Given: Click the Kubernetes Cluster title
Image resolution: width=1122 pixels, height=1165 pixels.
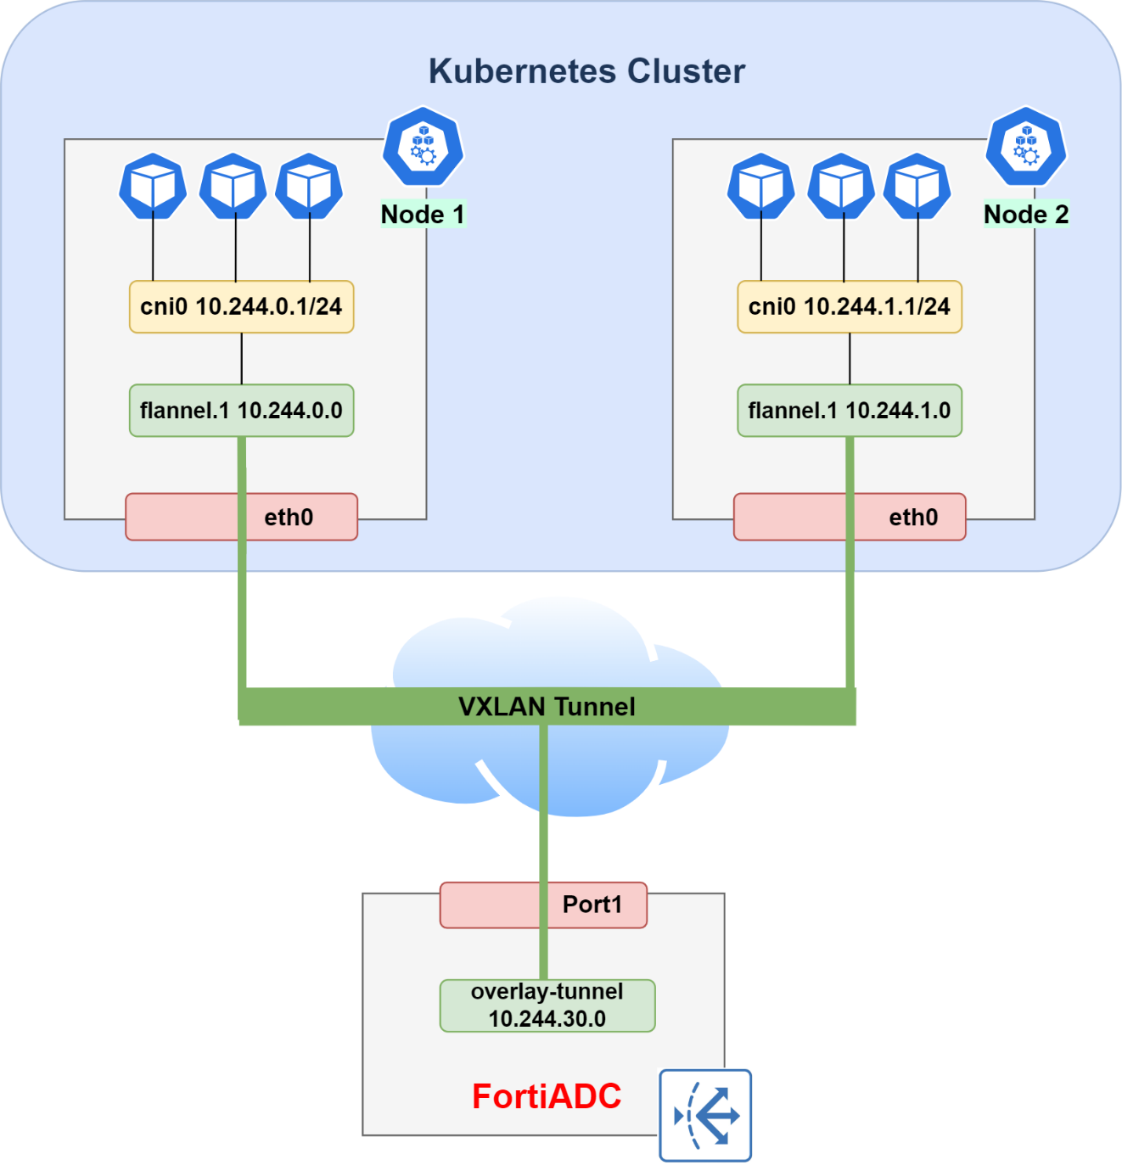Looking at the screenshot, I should coord(586,71).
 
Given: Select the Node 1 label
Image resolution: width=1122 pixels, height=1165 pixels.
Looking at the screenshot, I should coord(423,215).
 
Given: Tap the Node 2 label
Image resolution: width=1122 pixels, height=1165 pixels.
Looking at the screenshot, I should coord(1025,215).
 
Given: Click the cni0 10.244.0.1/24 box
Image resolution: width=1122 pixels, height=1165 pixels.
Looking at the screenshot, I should coord(241,306).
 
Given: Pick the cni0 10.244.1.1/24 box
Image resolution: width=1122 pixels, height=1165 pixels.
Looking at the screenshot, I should coord(849,306).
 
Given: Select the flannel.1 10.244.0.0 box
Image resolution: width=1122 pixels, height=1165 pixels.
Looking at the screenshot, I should coord(241,411).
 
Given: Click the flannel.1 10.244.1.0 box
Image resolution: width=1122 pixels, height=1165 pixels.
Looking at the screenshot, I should coord(849,411).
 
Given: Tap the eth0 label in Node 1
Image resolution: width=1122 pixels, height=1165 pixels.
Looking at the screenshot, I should coord(289,517).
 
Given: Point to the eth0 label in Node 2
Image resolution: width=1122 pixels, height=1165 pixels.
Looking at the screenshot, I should coord(913,517).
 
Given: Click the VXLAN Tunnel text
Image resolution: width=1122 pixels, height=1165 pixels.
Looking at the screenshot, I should coord(547,707).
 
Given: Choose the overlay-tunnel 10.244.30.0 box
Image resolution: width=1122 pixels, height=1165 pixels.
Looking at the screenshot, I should coord(547,1005).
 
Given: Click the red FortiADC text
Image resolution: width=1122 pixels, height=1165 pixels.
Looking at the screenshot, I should coord(547,1096).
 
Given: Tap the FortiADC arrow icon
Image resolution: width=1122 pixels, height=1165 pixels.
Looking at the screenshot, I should coord(705,1115).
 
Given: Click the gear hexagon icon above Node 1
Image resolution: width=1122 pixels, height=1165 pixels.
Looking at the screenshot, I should coord(423,147).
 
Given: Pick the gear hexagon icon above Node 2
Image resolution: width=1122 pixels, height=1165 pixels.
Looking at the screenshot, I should coord(1025,147).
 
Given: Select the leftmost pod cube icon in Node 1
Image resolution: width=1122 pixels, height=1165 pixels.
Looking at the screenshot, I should coord(153,186).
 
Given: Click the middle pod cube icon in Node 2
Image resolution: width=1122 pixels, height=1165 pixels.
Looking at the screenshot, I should coord(840,186).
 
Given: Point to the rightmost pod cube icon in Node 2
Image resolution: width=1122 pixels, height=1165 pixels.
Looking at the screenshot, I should coord(917,186).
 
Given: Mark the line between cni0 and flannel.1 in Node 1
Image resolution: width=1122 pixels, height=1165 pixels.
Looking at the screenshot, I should coord(242,359).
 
